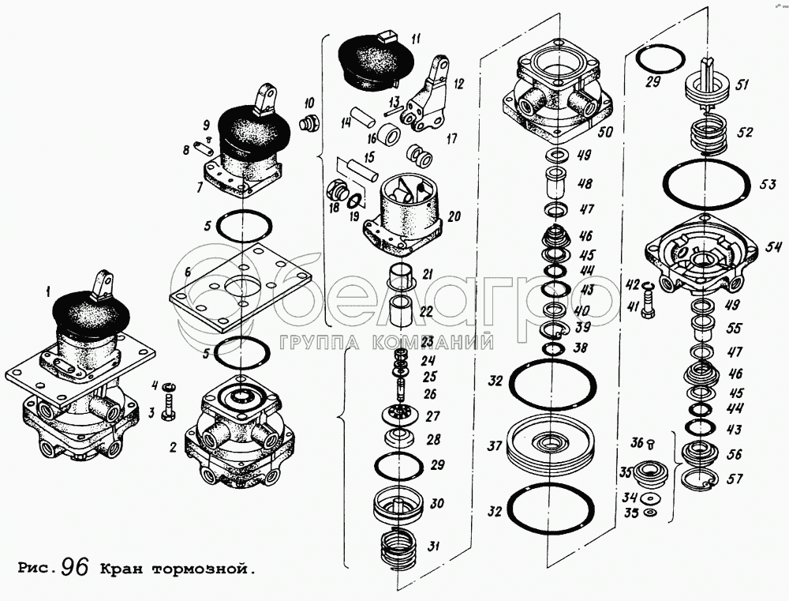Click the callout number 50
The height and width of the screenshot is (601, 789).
tap(605, 133)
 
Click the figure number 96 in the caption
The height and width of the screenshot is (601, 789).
tap(73, 567)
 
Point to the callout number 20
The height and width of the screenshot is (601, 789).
tap(453, 215)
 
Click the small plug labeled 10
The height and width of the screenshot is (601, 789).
tap(309, 124)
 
